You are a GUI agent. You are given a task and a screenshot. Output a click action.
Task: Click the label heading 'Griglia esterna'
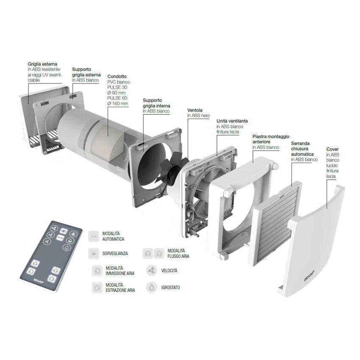pyautogui.click(x=42, y=64)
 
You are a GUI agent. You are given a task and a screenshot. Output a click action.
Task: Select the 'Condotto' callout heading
pyautogui.click(x=117, y=77)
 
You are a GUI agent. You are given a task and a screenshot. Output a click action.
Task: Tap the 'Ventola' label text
pyautogui.click(x=195, y=110)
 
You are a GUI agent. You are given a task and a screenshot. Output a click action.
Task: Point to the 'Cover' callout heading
pyautogui.click(x=332, y=150)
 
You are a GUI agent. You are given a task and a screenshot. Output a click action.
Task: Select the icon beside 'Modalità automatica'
pyautogui.click(x=94, y=236)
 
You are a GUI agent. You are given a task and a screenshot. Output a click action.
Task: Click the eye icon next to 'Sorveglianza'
pyautogui.click(x=94, y=253)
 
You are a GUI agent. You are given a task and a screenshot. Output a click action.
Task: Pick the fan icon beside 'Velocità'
pyautogui.click(x=151, y=270)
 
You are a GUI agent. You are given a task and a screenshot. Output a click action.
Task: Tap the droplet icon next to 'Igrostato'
pyautogui.click(x=151, y=287)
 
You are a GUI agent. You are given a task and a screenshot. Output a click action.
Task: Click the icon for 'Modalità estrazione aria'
pyautogui.click(x=97, y=288)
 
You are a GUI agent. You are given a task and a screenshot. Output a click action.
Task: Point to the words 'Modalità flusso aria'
pyautogui.click(x=178, y=253)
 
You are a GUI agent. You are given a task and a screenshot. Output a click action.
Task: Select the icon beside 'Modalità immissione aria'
pyautogui.click(x=97, y=271)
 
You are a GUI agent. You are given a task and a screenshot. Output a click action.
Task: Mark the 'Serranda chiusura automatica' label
pyautogui.click(x=304, y=152)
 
